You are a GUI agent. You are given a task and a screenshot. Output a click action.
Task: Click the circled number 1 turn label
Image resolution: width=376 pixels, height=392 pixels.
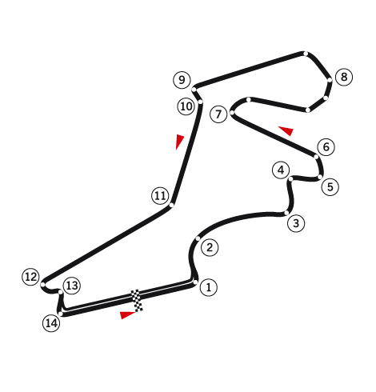tap(208, 287)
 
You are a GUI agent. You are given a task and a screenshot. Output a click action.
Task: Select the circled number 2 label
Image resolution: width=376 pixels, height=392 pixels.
tap(210, 247)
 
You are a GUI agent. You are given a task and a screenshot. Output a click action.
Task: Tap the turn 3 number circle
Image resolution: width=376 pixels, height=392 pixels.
tap(296, 223)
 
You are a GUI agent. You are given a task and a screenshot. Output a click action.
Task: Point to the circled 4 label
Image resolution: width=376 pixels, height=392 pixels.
tap(281, 170)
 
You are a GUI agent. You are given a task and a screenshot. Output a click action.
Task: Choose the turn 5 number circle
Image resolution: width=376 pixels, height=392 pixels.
tap(330, 186)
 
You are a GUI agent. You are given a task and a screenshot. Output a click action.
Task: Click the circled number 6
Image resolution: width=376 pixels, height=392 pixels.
tap(326, 146)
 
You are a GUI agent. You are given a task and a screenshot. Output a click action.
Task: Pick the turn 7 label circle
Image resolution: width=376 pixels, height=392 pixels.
tap(218, 114)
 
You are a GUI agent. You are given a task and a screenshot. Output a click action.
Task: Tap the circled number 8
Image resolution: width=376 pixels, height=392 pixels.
tap(344, 77)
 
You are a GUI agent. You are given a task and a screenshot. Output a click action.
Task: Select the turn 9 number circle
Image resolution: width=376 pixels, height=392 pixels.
tap(182, 80)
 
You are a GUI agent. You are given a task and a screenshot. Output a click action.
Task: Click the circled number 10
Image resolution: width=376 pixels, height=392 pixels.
tap(186, 106)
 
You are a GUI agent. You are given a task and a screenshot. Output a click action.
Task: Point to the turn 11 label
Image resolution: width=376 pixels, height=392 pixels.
tap(160, 196)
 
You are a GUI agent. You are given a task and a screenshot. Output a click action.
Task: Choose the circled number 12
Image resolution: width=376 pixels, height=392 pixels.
tap(30, 277)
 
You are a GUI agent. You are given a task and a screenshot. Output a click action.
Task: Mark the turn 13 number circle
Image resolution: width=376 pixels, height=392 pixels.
tap(72, 286)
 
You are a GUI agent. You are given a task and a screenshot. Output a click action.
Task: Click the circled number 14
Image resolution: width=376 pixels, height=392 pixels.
tap(51, 323)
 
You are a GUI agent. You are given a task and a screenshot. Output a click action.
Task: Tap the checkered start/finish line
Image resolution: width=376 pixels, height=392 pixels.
tap(137, 301)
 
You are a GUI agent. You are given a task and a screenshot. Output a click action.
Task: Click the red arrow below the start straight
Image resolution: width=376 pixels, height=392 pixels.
tap(127, 314)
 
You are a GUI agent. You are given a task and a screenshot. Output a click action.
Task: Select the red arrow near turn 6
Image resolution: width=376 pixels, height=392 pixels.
tap(286, 130)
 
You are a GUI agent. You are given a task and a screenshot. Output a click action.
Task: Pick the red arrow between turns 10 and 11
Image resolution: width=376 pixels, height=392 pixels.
tap(179, 142)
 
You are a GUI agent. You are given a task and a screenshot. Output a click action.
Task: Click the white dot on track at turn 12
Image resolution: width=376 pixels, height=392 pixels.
tap(43, 285)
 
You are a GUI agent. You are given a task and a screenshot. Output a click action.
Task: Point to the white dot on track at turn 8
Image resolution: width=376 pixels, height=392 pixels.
tap(330, 80)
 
